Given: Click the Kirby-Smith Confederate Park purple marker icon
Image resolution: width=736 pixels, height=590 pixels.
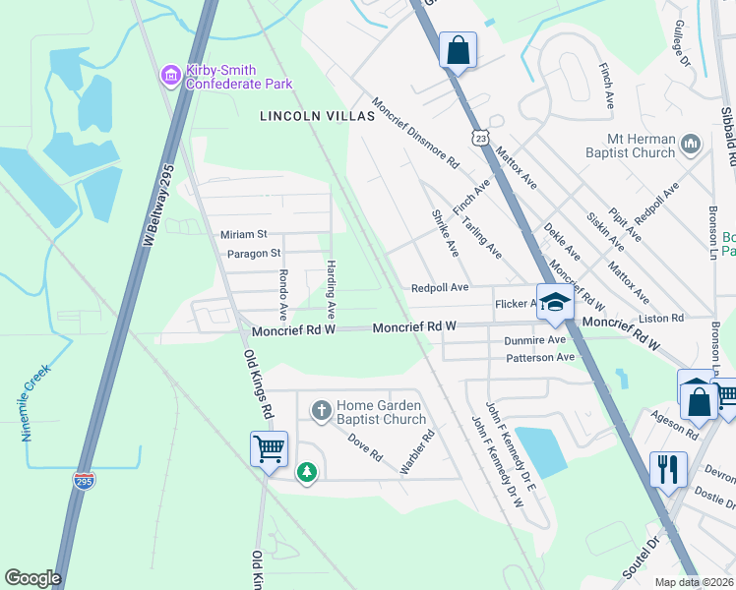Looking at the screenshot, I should (171, 75).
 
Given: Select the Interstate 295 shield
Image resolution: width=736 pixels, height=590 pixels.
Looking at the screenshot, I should (85, 481).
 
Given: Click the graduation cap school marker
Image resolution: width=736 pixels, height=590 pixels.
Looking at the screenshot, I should (554, 302).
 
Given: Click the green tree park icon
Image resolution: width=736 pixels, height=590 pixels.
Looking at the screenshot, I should (308, 473).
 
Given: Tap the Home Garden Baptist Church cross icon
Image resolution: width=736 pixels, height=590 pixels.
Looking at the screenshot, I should (320, 409).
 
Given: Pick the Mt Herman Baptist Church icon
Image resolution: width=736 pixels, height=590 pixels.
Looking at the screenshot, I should (690, 146).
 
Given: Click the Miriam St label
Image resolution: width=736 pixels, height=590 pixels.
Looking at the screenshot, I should (243, 234).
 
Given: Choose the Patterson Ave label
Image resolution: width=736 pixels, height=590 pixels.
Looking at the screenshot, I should (538, 358).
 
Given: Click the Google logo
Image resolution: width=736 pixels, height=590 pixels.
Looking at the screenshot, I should (32, 578).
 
